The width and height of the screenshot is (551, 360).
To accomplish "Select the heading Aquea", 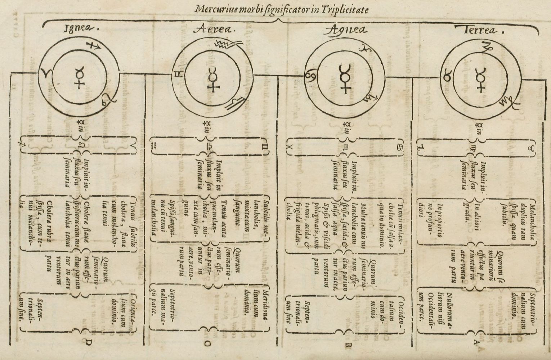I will (346, 30).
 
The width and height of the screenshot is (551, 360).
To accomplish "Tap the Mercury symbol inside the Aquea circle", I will (345, 79).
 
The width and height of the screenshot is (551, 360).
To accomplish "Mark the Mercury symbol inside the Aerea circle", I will (214, 79).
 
